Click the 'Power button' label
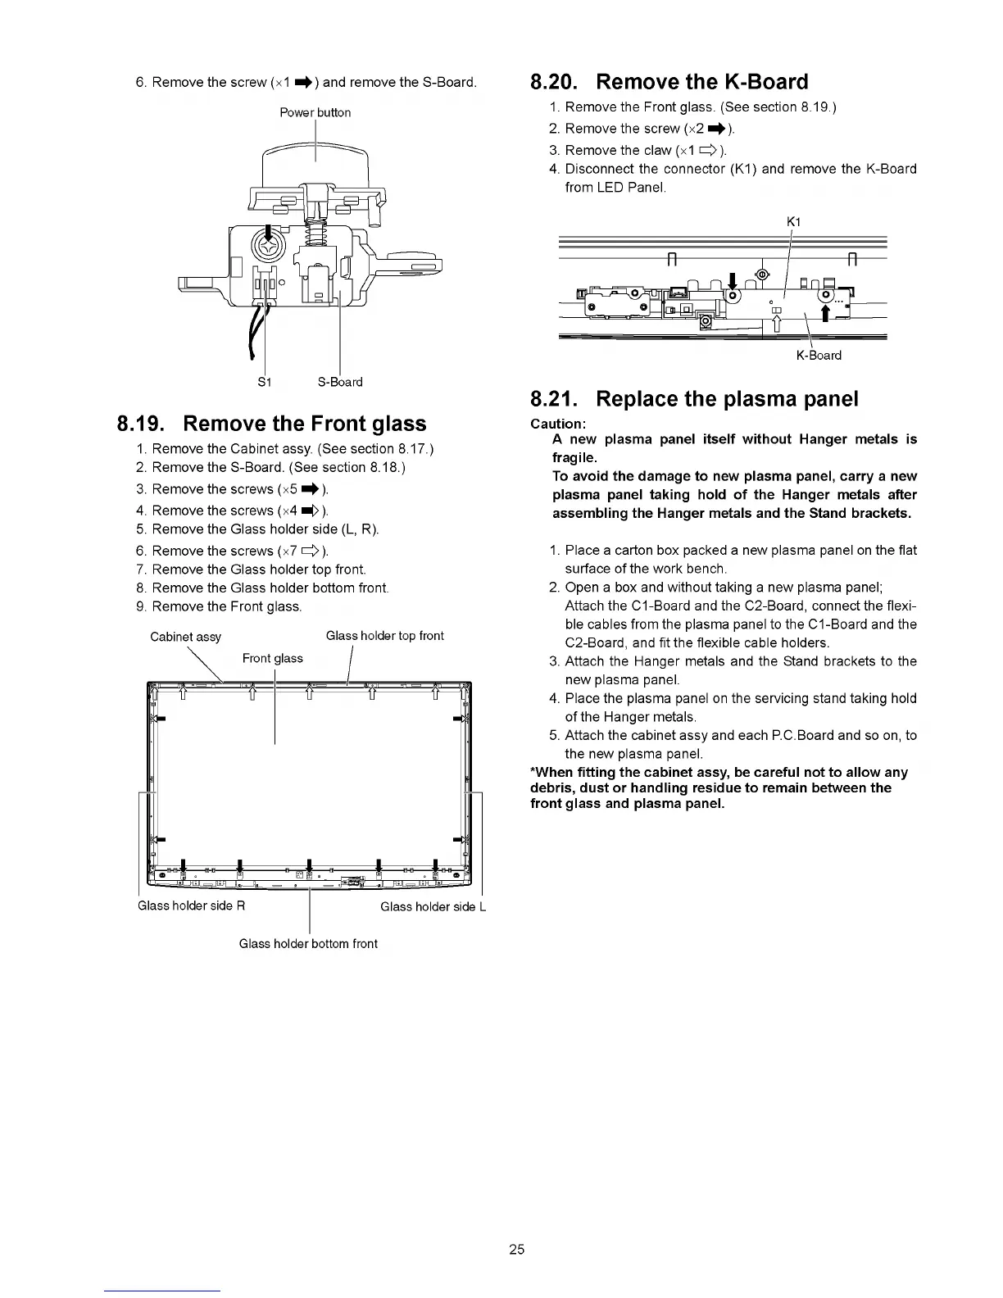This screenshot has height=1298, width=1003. (315, 113)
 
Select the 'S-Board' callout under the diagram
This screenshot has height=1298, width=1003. (340, 382)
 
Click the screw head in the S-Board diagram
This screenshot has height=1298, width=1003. (269, 244)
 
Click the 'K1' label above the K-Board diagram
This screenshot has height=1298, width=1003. (792, 222)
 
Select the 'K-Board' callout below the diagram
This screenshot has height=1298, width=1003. (819, 356)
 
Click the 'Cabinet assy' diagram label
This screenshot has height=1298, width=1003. (185, 637)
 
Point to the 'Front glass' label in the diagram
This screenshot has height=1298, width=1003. (273, 659)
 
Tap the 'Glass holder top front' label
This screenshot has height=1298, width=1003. (384, 636)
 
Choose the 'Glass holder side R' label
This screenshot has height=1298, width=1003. (192, 905)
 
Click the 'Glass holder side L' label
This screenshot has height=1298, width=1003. (433, 906)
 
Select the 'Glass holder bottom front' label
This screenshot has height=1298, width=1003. (308, 944)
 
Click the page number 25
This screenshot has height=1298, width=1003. (516, 1250)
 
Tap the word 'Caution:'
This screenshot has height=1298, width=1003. (558, 424)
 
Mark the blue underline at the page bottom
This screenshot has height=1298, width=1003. (162, 1291)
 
